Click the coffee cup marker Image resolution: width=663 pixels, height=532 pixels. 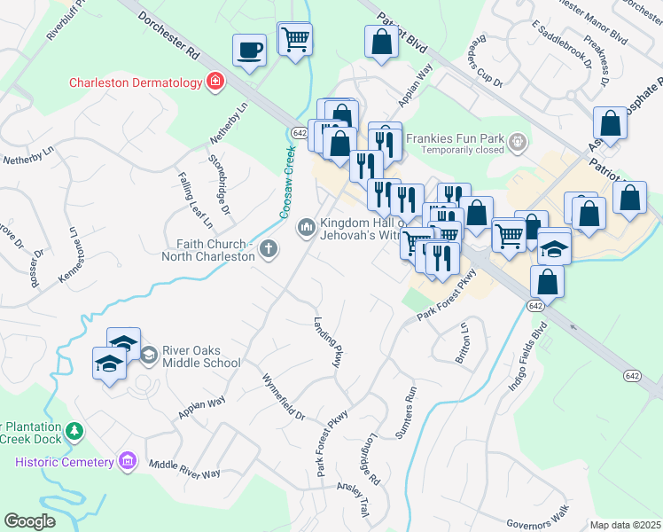click(x=250, y=49)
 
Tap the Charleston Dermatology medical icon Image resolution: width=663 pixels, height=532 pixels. click(x=214, y=82)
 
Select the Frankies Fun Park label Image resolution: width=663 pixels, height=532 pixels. click(x=454, y=138)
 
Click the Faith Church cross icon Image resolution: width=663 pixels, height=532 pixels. click(x=269, y=251)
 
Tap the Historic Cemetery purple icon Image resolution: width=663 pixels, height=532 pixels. click(x=128, y=461)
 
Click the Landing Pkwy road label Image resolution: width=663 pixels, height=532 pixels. click(x=327, y=343)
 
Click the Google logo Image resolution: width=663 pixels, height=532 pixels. click(x=29, y=520)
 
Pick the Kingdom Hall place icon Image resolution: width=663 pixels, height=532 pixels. click(x=307, y=228)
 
